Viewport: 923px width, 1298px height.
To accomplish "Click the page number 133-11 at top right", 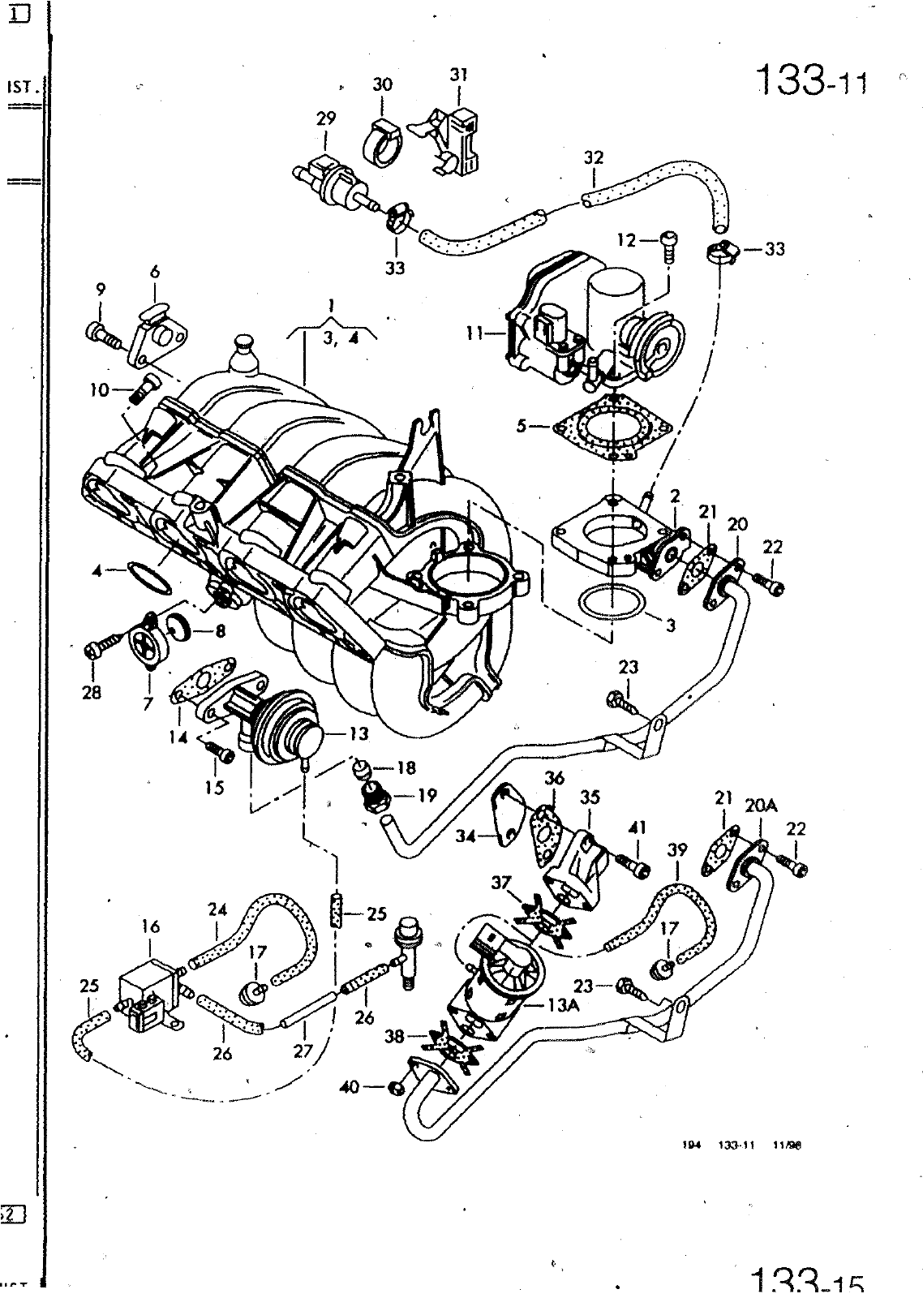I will pyautogui.click(x=810, y=80).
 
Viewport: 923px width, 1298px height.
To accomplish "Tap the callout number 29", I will pyautogui.click(x=325, y=119).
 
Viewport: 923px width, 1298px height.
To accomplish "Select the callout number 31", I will pyautogui.click(x=459, y=75).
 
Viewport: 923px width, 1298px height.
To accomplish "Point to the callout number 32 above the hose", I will pyautogui.click(x=594, y=157).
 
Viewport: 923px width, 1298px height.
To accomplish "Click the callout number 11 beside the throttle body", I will pyautogui.click(x=475, y=332).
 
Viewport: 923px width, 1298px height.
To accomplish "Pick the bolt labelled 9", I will pyautogui.click(x=101, y=333).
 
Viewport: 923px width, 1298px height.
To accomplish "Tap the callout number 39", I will pyautogui.click(x=677, y=850).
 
